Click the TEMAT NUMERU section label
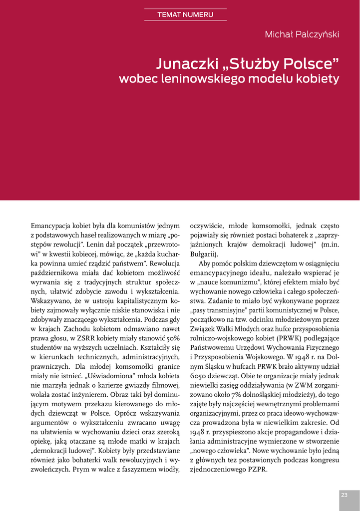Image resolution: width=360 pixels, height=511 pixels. tap(185, 14)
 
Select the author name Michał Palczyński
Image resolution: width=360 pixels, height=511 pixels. tap(302, 34)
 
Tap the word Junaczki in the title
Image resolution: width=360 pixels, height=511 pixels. tap(187, 64)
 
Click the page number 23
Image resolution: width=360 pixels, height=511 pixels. tap(344, 495)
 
